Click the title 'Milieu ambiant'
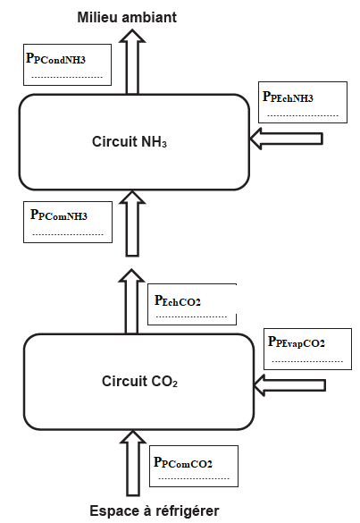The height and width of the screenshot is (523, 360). pos(127,17)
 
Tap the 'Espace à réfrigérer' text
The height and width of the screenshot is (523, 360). pos(155,511)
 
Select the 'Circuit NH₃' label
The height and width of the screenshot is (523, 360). pos(130,142)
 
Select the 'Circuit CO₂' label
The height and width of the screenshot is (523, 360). pos(139,381)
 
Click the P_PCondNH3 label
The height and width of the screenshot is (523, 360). pos(55,58)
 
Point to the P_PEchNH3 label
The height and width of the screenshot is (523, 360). pos(288,97)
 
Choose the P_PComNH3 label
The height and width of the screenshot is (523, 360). pos(59,215)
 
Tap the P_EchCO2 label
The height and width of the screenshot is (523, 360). pos(178,300)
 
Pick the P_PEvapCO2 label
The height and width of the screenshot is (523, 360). pos(297,342)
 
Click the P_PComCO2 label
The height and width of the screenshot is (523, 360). pos(182,462)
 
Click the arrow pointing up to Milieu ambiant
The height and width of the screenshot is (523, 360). pos(132,62)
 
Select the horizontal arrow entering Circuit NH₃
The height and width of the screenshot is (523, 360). pos(287,139)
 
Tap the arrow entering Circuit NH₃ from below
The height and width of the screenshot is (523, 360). pos(132,224)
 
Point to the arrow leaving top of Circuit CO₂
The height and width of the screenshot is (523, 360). pos(131,301)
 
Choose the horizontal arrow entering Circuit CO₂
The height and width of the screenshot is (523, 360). pos(289,385)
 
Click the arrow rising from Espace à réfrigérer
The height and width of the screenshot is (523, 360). pos(133,463)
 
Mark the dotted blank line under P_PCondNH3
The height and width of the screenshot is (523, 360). pos(67,78)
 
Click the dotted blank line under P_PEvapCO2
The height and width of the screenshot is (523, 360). pos(307,361)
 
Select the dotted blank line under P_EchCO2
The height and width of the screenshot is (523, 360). pos(191,316)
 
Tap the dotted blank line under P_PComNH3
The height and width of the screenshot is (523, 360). pos(68,234)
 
